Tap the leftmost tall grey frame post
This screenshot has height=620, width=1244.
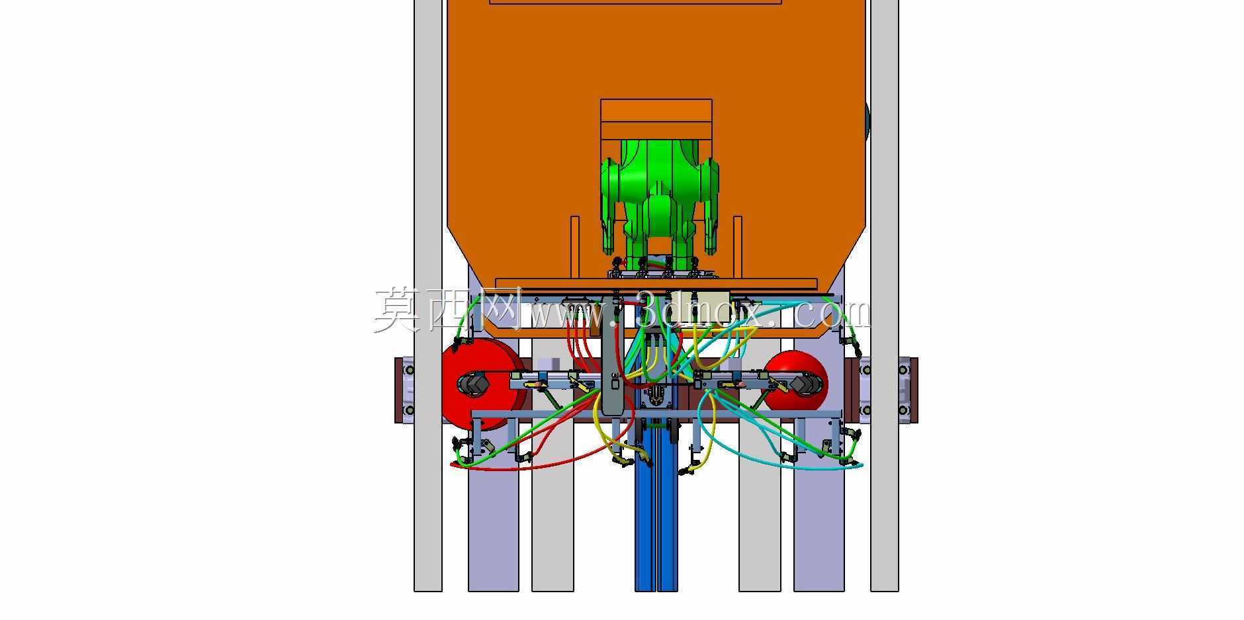point(428,295)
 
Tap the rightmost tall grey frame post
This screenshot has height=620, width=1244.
point(884,295)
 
